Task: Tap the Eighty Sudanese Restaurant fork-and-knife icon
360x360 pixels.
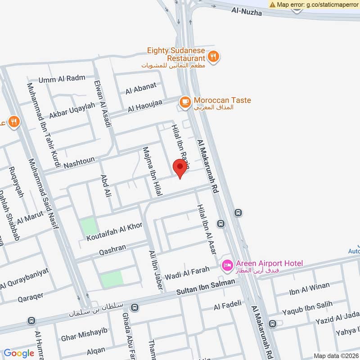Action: pos(213,56)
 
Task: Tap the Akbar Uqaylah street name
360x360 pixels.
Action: pos(72,111)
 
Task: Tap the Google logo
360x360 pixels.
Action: pos(19,353)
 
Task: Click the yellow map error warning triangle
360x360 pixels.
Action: pos(273,4)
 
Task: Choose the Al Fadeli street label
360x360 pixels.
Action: pos(228,306)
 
